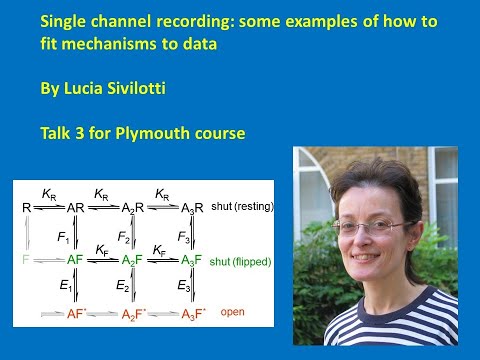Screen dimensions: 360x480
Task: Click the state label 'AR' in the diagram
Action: click(76, 207)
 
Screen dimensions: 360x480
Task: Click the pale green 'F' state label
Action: click(25, 259)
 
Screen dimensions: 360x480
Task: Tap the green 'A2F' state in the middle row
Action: click(133, 259)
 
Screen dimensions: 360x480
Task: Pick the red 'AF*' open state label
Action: click(78, 314)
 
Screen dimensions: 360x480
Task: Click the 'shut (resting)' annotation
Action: click(243, 206)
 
